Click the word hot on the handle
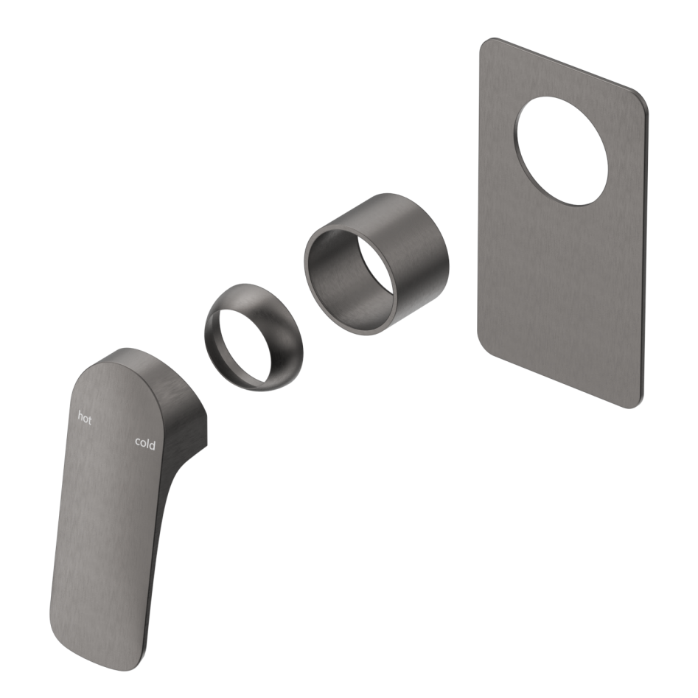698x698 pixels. pyautogui.click(x=85, y=417)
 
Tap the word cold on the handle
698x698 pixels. pyautogui.click(x=145, y=443)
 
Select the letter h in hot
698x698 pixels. pyautogui.click(x=80, y=416)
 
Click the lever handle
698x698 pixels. pyautogui.click(x=111, y=516)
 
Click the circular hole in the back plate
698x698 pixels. pyautogui.click(x=562, y=150)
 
